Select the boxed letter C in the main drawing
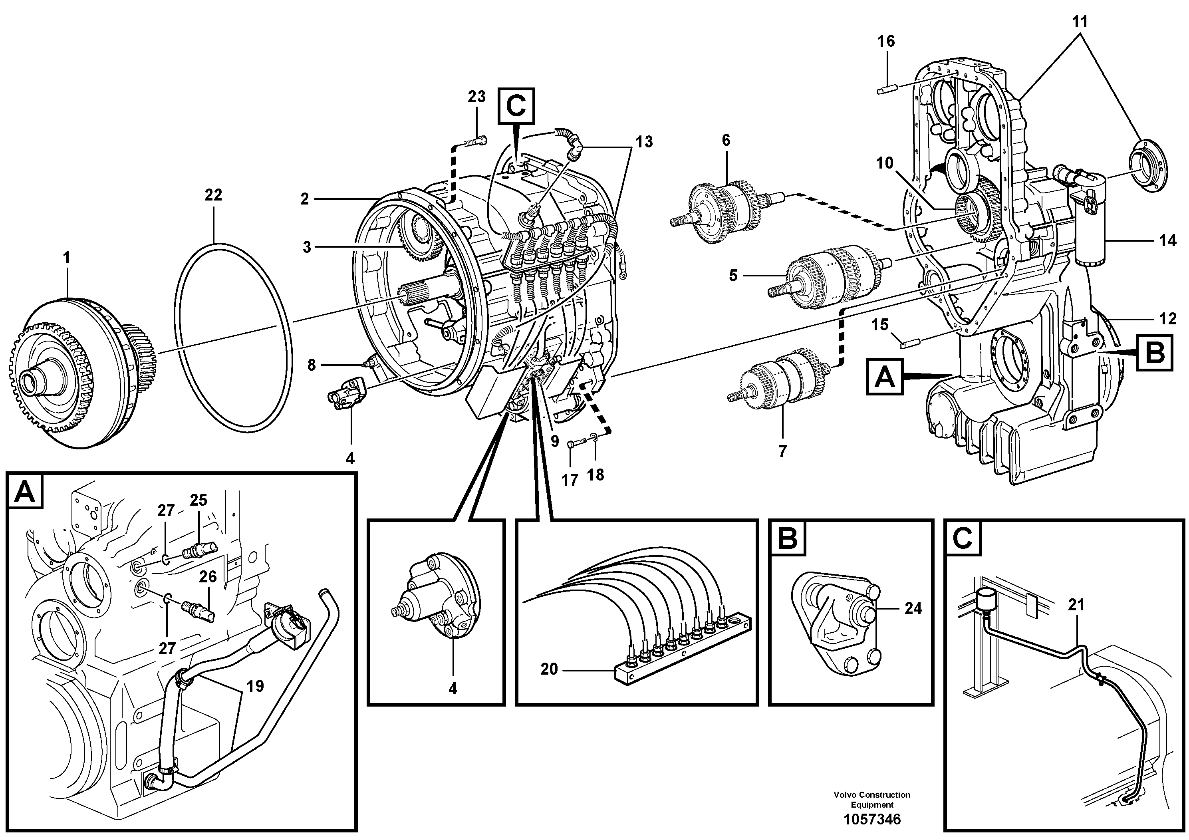pos(516,106)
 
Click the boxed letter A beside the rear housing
pos(885,377)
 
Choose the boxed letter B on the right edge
pos(1155,353)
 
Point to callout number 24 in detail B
pos(913,608)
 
